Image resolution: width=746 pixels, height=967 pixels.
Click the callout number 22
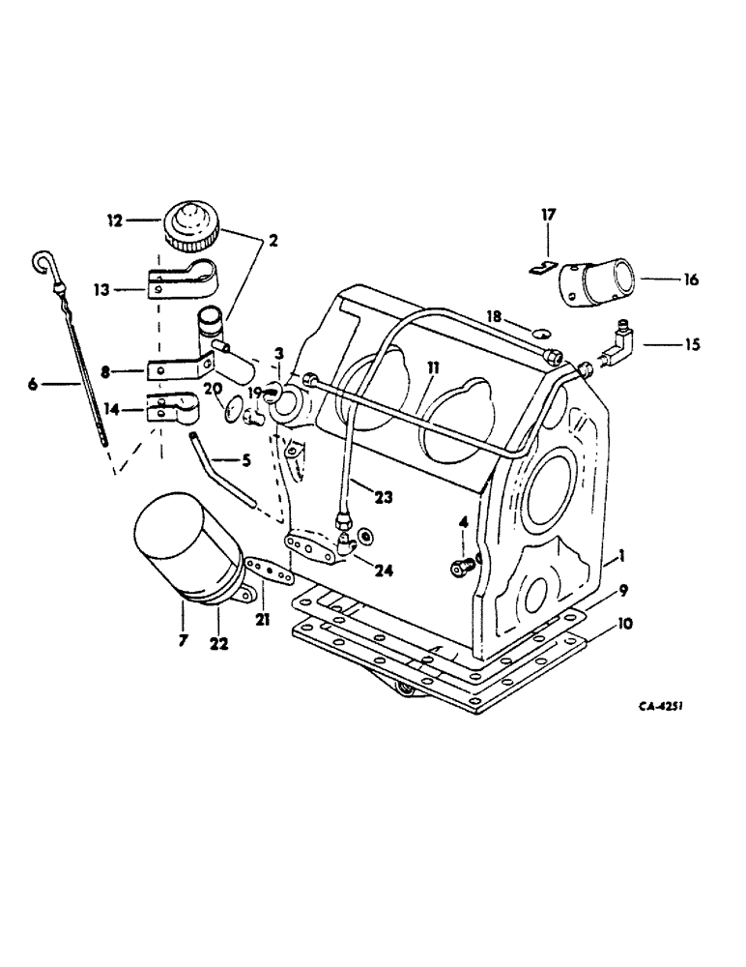[219, 642]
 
